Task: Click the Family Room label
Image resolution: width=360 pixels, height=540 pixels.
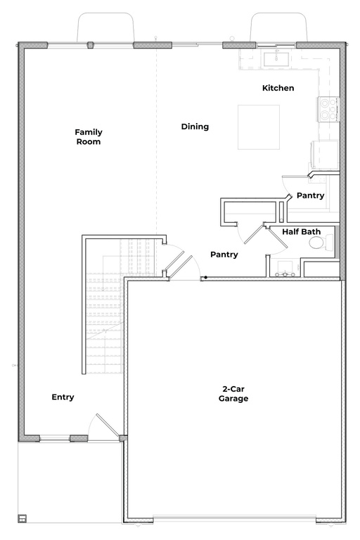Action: coord(89,136)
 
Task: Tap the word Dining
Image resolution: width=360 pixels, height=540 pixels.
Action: coord(195,127)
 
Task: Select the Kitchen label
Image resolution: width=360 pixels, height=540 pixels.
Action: coord(278,88)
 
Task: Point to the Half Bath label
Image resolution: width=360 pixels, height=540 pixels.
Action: coord(302,231)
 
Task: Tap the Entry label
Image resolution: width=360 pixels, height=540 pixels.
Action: coord(63,397)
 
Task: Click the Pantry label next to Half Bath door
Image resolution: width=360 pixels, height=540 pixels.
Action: coord(224,255)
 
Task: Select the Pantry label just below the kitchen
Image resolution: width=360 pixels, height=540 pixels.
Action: coord(310,195)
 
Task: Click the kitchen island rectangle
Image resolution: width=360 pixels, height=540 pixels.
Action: coord(258,127)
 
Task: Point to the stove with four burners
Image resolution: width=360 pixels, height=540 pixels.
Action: coord(329,108)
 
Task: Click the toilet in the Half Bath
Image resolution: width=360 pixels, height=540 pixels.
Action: coord(318,243)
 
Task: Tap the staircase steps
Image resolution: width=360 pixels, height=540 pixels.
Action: coord(104,309)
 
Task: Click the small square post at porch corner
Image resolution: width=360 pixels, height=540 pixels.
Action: coord(22,520)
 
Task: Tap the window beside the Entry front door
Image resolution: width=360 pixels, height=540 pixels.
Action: coord(55,439)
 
